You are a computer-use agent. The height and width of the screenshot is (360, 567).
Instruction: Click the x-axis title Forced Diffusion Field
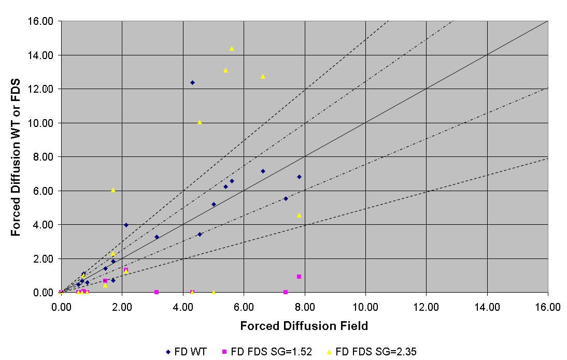(x=304, y=326)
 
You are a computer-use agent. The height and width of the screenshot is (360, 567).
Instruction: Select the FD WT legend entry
(x=187, y=352)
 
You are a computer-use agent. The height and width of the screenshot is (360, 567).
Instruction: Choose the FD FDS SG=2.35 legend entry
(x=372, y=352)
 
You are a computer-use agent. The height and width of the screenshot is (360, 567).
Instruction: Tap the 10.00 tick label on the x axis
(x=365, y=307)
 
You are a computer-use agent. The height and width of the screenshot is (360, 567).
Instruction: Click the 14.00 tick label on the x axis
(x=487, y=307)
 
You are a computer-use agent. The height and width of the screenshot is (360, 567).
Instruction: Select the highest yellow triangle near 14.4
(x=232, y=49)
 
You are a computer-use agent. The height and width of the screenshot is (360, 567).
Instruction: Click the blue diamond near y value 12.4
(x=192, y=82)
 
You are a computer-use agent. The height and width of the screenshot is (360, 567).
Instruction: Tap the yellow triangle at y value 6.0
(x=113, y=190)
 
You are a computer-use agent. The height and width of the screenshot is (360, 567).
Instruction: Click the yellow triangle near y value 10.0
(x=200, y=122)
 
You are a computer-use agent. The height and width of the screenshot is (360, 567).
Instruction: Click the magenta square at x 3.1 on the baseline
(x=157, y=292)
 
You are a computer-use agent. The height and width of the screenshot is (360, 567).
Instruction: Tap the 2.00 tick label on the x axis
(x=122, y=307)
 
